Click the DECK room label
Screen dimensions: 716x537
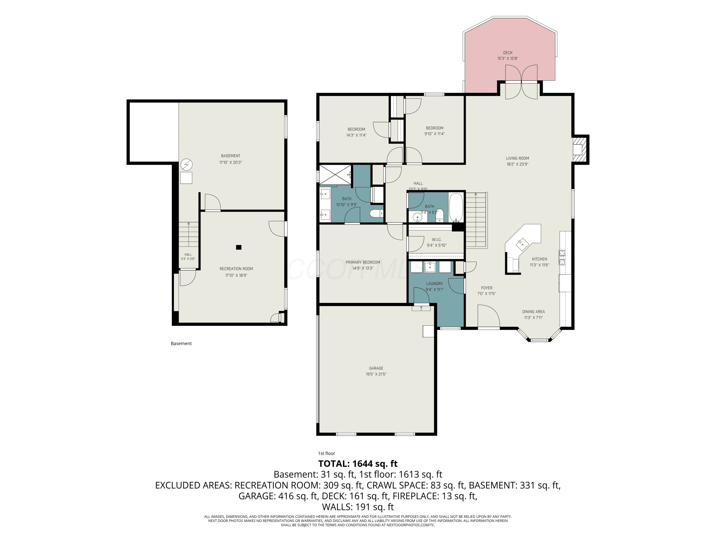point(508,53)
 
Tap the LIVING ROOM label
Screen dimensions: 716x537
point(517,158)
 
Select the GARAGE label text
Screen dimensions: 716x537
point(376,368)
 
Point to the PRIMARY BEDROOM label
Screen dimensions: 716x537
point(363,262)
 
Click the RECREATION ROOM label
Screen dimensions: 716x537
point(236,269)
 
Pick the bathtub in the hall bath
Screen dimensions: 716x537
point(456,207)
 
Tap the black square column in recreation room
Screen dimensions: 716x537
point(239,247)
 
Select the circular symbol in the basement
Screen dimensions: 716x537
point(186,165)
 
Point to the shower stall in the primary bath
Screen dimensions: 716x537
point(335,174)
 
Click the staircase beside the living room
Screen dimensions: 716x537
point(476,220)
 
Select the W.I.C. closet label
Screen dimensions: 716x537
point(436,240)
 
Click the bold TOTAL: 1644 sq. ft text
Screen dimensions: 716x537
point(358,463)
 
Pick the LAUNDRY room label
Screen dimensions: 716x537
point(434,284)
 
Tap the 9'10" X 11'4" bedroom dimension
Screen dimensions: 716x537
point(434,134)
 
